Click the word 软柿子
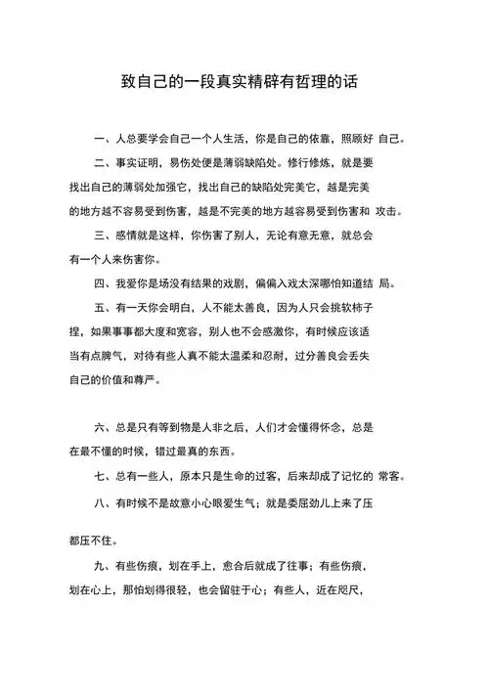[364, 307]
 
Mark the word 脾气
[121, 355]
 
